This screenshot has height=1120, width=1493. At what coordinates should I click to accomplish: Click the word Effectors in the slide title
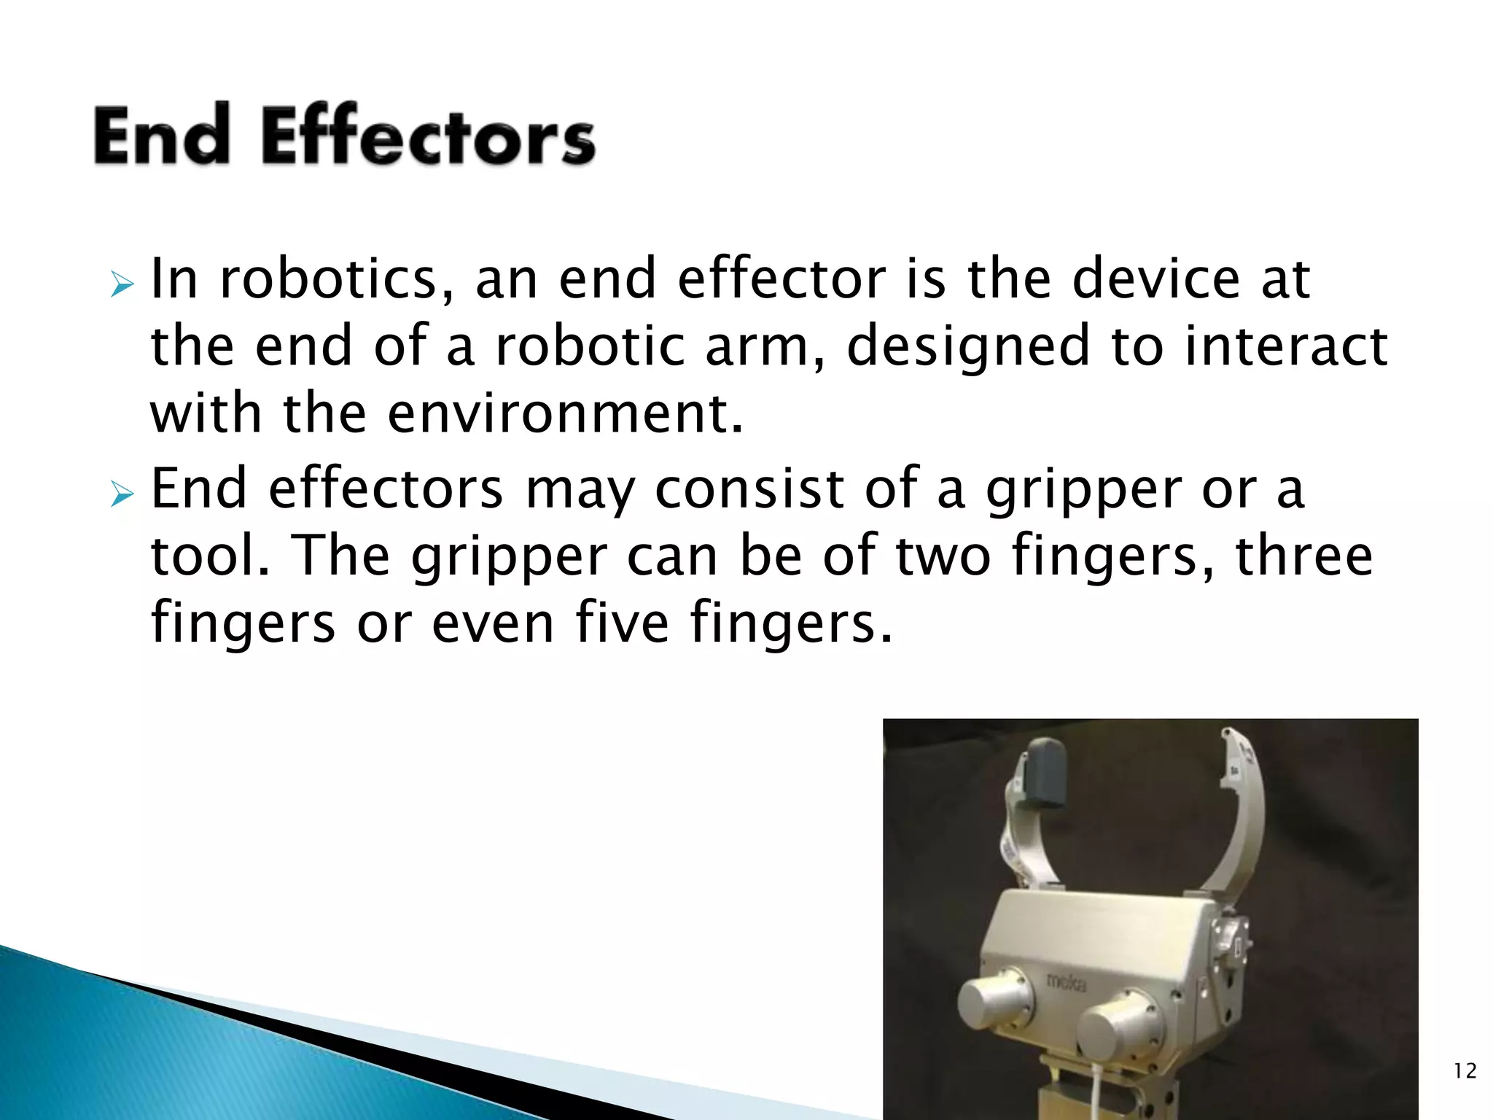[428, 136]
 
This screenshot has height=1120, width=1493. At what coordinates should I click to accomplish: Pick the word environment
[565, 413]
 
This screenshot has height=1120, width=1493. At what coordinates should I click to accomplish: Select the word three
[1304, 556]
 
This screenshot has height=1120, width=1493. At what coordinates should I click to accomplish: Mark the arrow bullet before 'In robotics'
[122, 285]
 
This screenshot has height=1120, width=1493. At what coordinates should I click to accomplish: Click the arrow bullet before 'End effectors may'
[122, 496]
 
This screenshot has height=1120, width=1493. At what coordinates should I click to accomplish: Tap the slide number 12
[1465, 1070]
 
